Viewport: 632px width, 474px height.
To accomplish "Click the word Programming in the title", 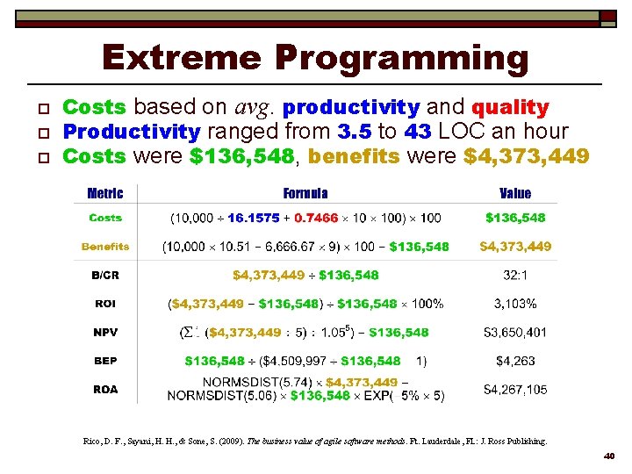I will pos(402,60).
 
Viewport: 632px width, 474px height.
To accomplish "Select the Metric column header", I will pos(105,193).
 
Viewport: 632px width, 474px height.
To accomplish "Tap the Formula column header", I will pos(305,193).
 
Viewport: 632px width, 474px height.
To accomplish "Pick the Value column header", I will pos(515,193).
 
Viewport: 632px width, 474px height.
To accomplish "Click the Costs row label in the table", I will pos(105,218).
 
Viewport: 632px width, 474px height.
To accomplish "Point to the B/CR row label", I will pos(105,275).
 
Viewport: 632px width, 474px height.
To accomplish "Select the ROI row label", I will pos(105,304).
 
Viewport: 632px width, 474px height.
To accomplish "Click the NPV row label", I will pos(105,333).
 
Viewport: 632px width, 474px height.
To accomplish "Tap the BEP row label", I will pos(105,361).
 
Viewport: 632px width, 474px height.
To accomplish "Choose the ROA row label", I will pos(105,389).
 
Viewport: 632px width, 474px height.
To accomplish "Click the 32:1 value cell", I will pos(515,275).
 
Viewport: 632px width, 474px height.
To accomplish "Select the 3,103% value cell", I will pos(515,304).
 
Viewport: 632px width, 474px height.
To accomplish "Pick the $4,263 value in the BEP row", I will pos(515,361).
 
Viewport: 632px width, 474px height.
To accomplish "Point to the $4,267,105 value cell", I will pos(515,389).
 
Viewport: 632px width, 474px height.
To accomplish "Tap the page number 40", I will pos(610,456).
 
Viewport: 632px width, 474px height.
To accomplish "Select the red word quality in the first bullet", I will pos(510,108).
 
